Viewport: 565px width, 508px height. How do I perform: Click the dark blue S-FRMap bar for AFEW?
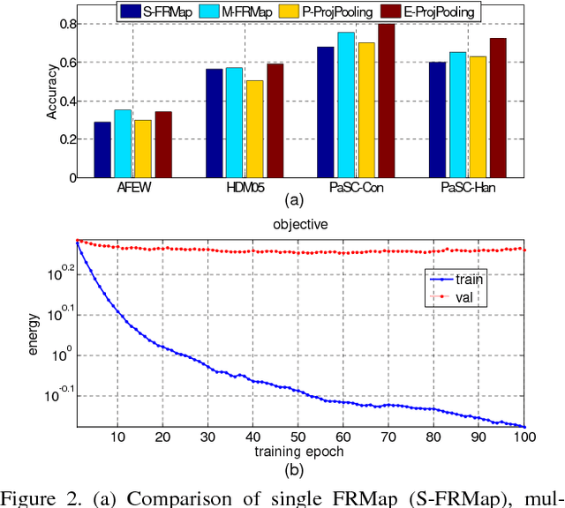click(x=102, y=149)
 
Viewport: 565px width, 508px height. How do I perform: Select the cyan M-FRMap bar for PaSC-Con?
click(x=346, y=105)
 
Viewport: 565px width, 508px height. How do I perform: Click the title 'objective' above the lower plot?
click(x=301, y=225)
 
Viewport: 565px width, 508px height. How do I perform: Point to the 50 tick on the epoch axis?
click(x=301, y=438)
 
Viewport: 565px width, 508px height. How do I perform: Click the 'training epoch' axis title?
click(x=301, y=451)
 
